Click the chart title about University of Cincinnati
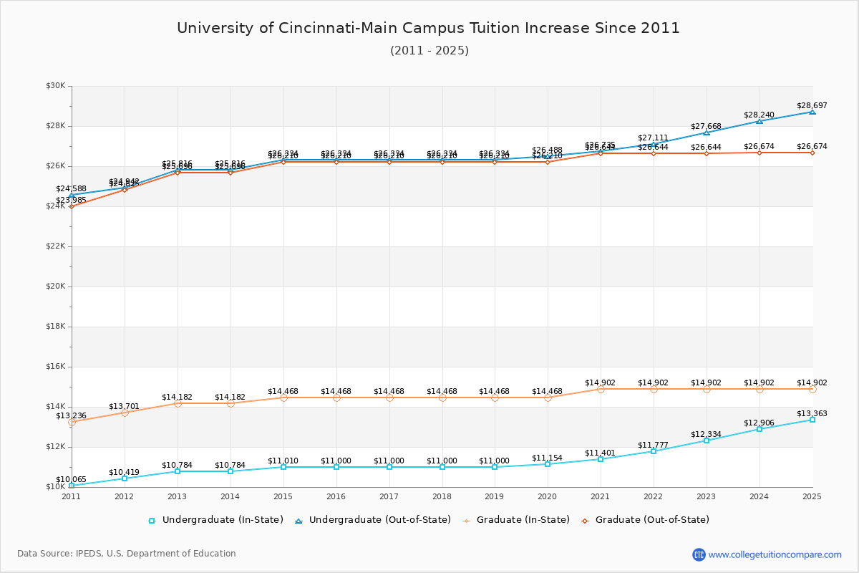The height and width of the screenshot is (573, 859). coord(428,28)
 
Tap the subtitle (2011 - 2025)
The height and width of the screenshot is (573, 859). coord(429,51)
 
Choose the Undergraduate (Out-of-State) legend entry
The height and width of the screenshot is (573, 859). coord(373,520)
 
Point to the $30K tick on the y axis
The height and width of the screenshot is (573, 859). coord(55,86)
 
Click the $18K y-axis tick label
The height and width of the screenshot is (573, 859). coord(55,327)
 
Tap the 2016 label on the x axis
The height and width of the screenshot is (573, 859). coord(336,496)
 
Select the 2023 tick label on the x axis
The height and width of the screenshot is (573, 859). coord(707,496)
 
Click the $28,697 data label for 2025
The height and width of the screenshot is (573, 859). coord(812,105)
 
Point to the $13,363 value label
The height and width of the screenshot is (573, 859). coord(812,413)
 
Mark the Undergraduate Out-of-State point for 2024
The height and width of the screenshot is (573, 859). coord(759,121)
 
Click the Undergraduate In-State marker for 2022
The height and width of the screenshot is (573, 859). coord(654,451)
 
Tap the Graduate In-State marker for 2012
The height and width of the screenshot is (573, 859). coord(125,413)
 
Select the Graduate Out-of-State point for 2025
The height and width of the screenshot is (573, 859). coord(812,153)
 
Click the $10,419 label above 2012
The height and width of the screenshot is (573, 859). coord(124,472)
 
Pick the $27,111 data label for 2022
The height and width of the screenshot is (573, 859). coord(653,138)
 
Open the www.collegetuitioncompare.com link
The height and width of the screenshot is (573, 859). coord(775,554)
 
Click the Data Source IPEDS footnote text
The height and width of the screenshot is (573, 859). coord(127,554)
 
